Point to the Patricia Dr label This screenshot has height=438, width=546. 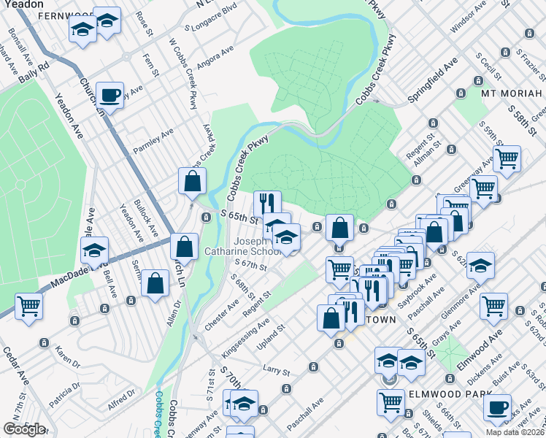pyautogui.click(x=65, y=399)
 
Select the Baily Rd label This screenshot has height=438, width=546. pyautogui.click(x=34, y=66)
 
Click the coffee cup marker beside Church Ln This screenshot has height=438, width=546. pyautogui.click(x=109, y=94)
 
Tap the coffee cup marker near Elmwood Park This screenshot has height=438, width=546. pyautogui.click(x=498, y=407)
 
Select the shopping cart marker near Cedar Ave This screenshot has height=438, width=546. pyautogui.click(x=28, y=305)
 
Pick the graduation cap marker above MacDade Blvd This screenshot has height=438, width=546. pyautogui.click(x=94, y=250)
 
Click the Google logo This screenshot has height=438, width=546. pyautogui.click(x=24, y=429)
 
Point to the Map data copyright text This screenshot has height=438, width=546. pyautogui.click(x=515, y=432)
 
